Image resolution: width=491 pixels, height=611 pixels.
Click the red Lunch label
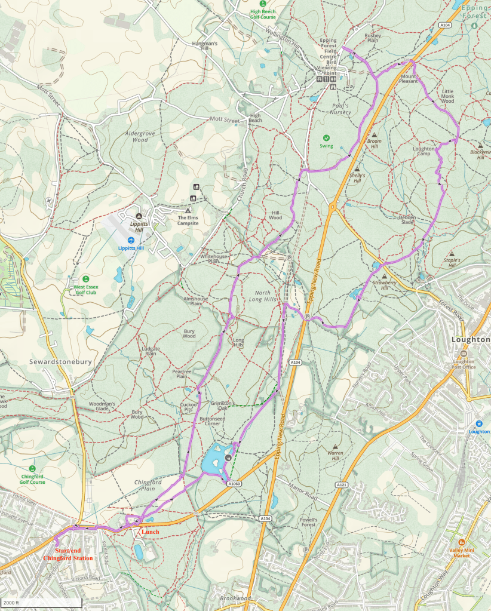(149, 532)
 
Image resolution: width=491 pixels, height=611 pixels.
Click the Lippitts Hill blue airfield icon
(131, 240)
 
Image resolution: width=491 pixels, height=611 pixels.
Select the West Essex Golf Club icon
(86, 278)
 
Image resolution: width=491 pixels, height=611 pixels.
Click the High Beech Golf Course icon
(263, 3)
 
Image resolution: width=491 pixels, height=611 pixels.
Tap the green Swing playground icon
(326, 137)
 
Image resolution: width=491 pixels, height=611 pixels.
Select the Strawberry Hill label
(380, 285)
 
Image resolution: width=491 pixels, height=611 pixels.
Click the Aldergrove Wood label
(137, 137)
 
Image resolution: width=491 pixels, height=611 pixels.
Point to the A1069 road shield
(234, 483)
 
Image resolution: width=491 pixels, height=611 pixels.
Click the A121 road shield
(342, 484)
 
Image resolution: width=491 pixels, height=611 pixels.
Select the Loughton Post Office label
(464, 367)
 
